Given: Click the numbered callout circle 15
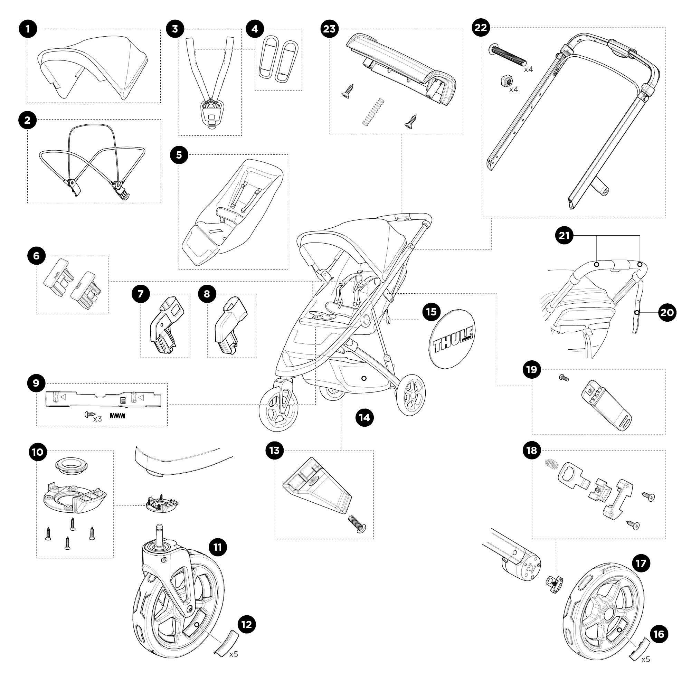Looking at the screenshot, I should tap(431, 312).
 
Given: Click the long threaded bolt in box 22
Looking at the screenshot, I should tap(508, 54).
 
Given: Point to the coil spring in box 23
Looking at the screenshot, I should tap(373, 112).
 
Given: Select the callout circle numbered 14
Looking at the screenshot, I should tap(365, 417).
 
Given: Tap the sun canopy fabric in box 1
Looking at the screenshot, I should tap(94, 66).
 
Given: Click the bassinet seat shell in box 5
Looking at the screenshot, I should tap(233, 211).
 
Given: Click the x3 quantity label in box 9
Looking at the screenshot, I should tap(97, 419).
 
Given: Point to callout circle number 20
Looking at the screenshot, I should tap(667, 313).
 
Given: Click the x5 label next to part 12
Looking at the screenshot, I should tap(234, 654).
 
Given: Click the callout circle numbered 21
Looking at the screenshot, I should tap(564, 236).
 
